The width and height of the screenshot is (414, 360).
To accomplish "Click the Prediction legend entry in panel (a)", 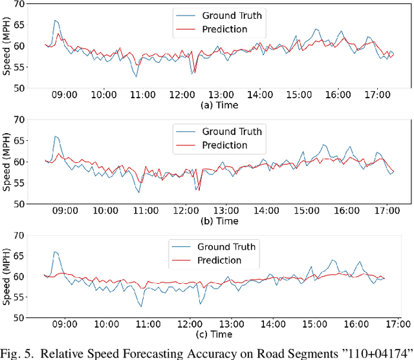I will click(x=224, y=29).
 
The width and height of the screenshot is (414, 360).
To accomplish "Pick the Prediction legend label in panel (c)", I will click(x=219, y=260).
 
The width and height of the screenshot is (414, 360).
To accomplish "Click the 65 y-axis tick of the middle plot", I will click(x=20, y=140).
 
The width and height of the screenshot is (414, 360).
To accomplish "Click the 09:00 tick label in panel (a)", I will click(x=65, y=95).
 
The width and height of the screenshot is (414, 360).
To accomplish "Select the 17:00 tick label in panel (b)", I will click(x=386, y=210).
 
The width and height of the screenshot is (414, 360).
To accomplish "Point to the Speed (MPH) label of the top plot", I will click(x=7, y=46).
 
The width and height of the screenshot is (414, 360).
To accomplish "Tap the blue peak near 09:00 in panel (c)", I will click(x=55, y=252).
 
